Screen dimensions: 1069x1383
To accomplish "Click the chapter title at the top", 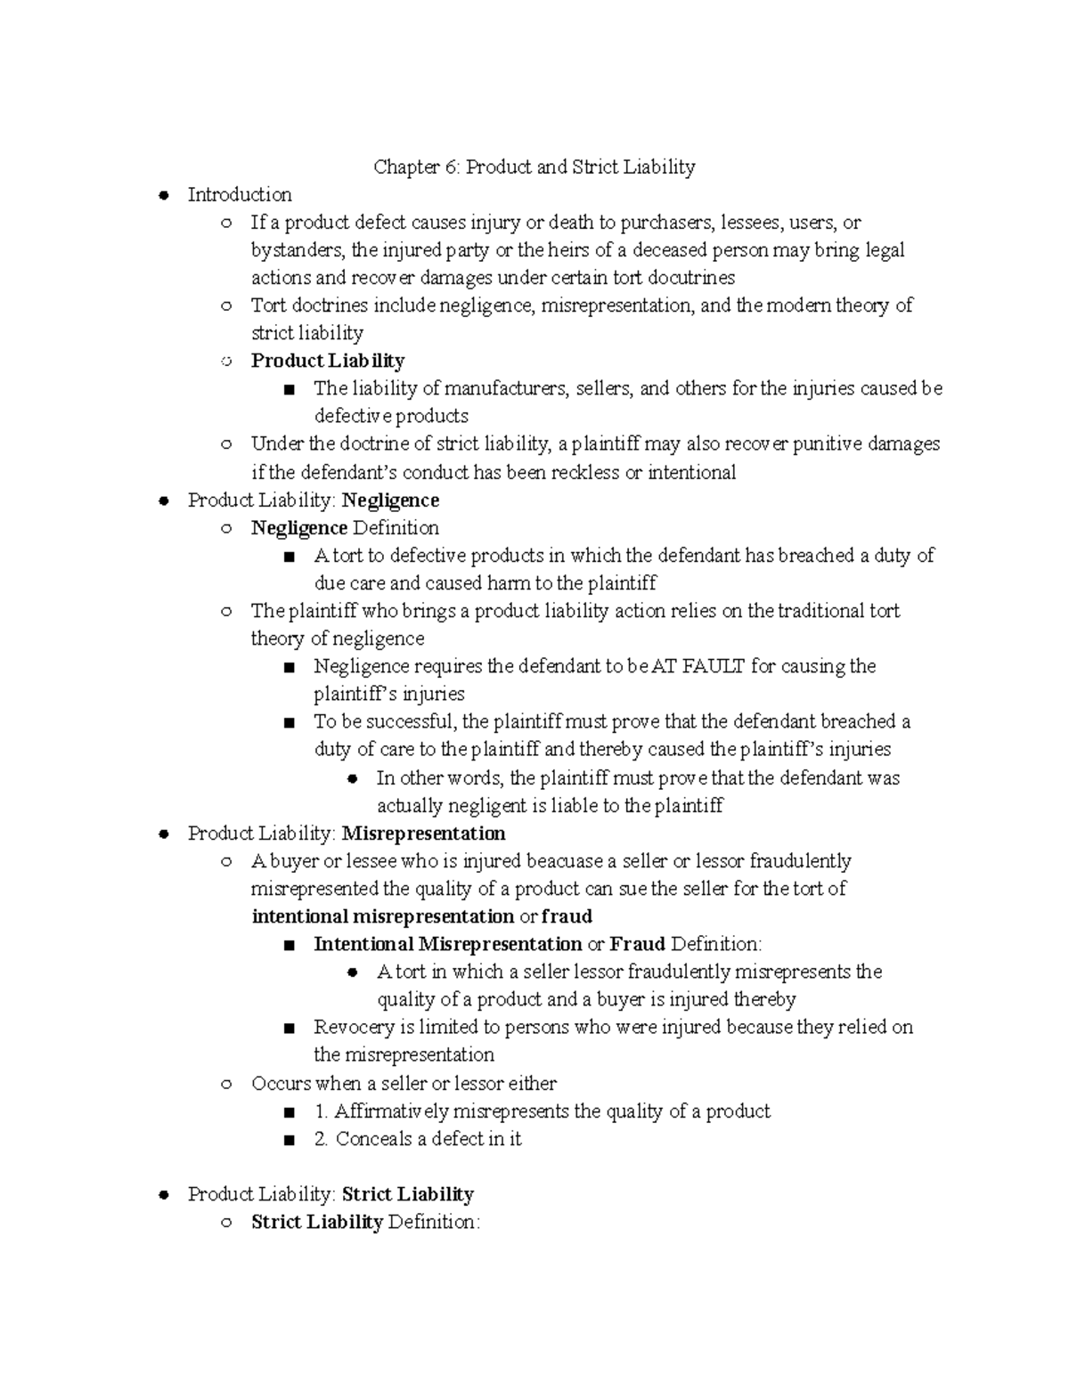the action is (x=534, y=167).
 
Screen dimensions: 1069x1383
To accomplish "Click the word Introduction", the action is (x=240, y=194).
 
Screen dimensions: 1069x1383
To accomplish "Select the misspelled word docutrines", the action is (x=690, y=277).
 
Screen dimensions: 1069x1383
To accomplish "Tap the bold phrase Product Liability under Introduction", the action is (x=328, y=361).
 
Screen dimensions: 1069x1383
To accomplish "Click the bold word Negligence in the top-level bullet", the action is (x=390, y=500).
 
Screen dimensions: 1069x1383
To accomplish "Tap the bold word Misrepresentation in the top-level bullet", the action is (x=423, y=834).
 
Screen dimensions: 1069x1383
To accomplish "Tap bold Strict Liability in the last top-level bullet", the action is (x=407, y=1194).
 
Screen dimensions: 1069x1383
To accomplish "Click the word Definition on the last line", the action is (x=434, y=1222).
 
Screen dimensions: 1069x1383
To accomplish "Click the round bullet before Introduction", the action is (x=163, y=195).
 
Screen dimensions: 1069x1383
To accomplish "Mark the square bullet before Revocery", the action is (x=288, y=1028).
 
